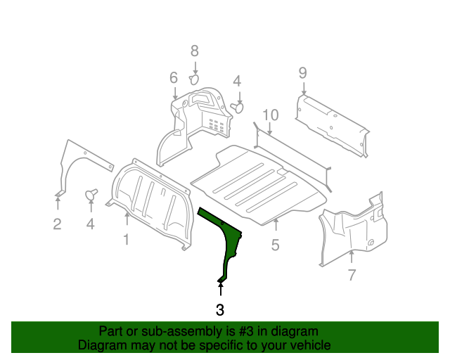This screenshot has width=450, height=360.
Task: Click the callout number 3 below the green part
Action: point(220,309)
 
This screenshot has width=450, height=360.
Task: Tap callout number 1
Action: point(127,240)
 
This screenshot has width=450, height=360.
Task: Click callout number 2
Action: point(57,224)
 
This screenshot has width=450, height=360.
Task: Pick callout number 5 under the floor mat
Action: point(275,245)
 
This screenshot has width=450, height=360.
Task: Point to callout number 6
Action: point(174,77)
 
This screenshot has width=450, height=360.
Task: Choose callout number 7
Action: point(352,275)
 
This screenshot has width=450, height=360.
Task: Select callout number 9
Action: point(302,72)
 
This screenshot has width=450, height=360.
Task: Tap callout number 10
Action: point(271,115)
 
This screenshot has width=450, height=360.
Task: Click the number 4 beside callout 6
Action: point(237,81)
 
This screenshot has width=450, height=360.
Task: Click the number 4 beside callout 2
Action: point(90,224)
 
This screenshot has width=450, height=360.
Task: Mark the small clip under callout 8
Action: point(196,79)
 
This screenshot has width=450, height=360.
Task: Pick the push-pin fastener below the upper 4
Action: point(238,107)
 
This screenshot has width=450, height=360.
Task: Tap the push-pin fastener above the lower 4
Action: point(91,193)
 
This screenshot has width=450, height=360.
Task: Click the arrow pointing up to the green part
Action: point(221,288)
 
